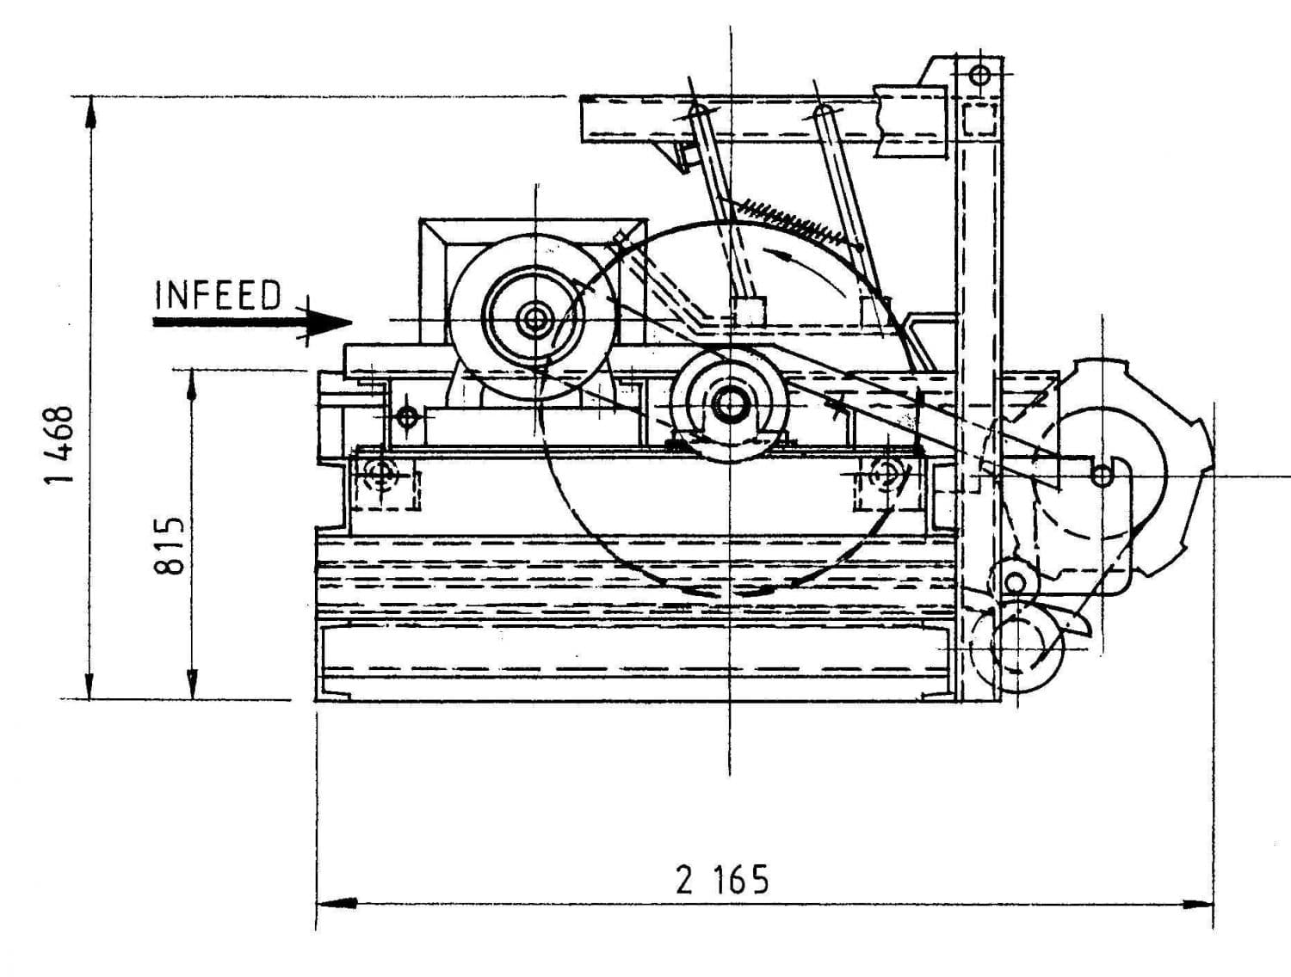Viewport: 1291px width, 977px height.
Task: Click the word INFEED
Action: (218, 295)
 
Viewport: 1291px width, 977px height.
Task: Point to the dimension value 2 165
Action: (722, 880)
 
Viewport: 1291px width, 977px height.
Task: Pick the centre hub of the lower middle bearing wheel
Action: (730, 404)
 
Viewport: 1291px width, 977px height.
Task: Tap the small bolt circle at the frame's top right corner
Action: (979, 75)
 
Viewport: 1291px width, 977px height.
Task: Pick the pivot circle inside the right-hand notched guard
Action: (1101, 475)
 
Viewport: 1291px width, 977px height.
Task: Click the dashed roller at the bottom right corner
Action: (1016, 647)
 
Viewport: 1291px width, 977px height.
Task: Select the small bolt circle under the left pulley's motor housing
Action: (408, 418)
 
